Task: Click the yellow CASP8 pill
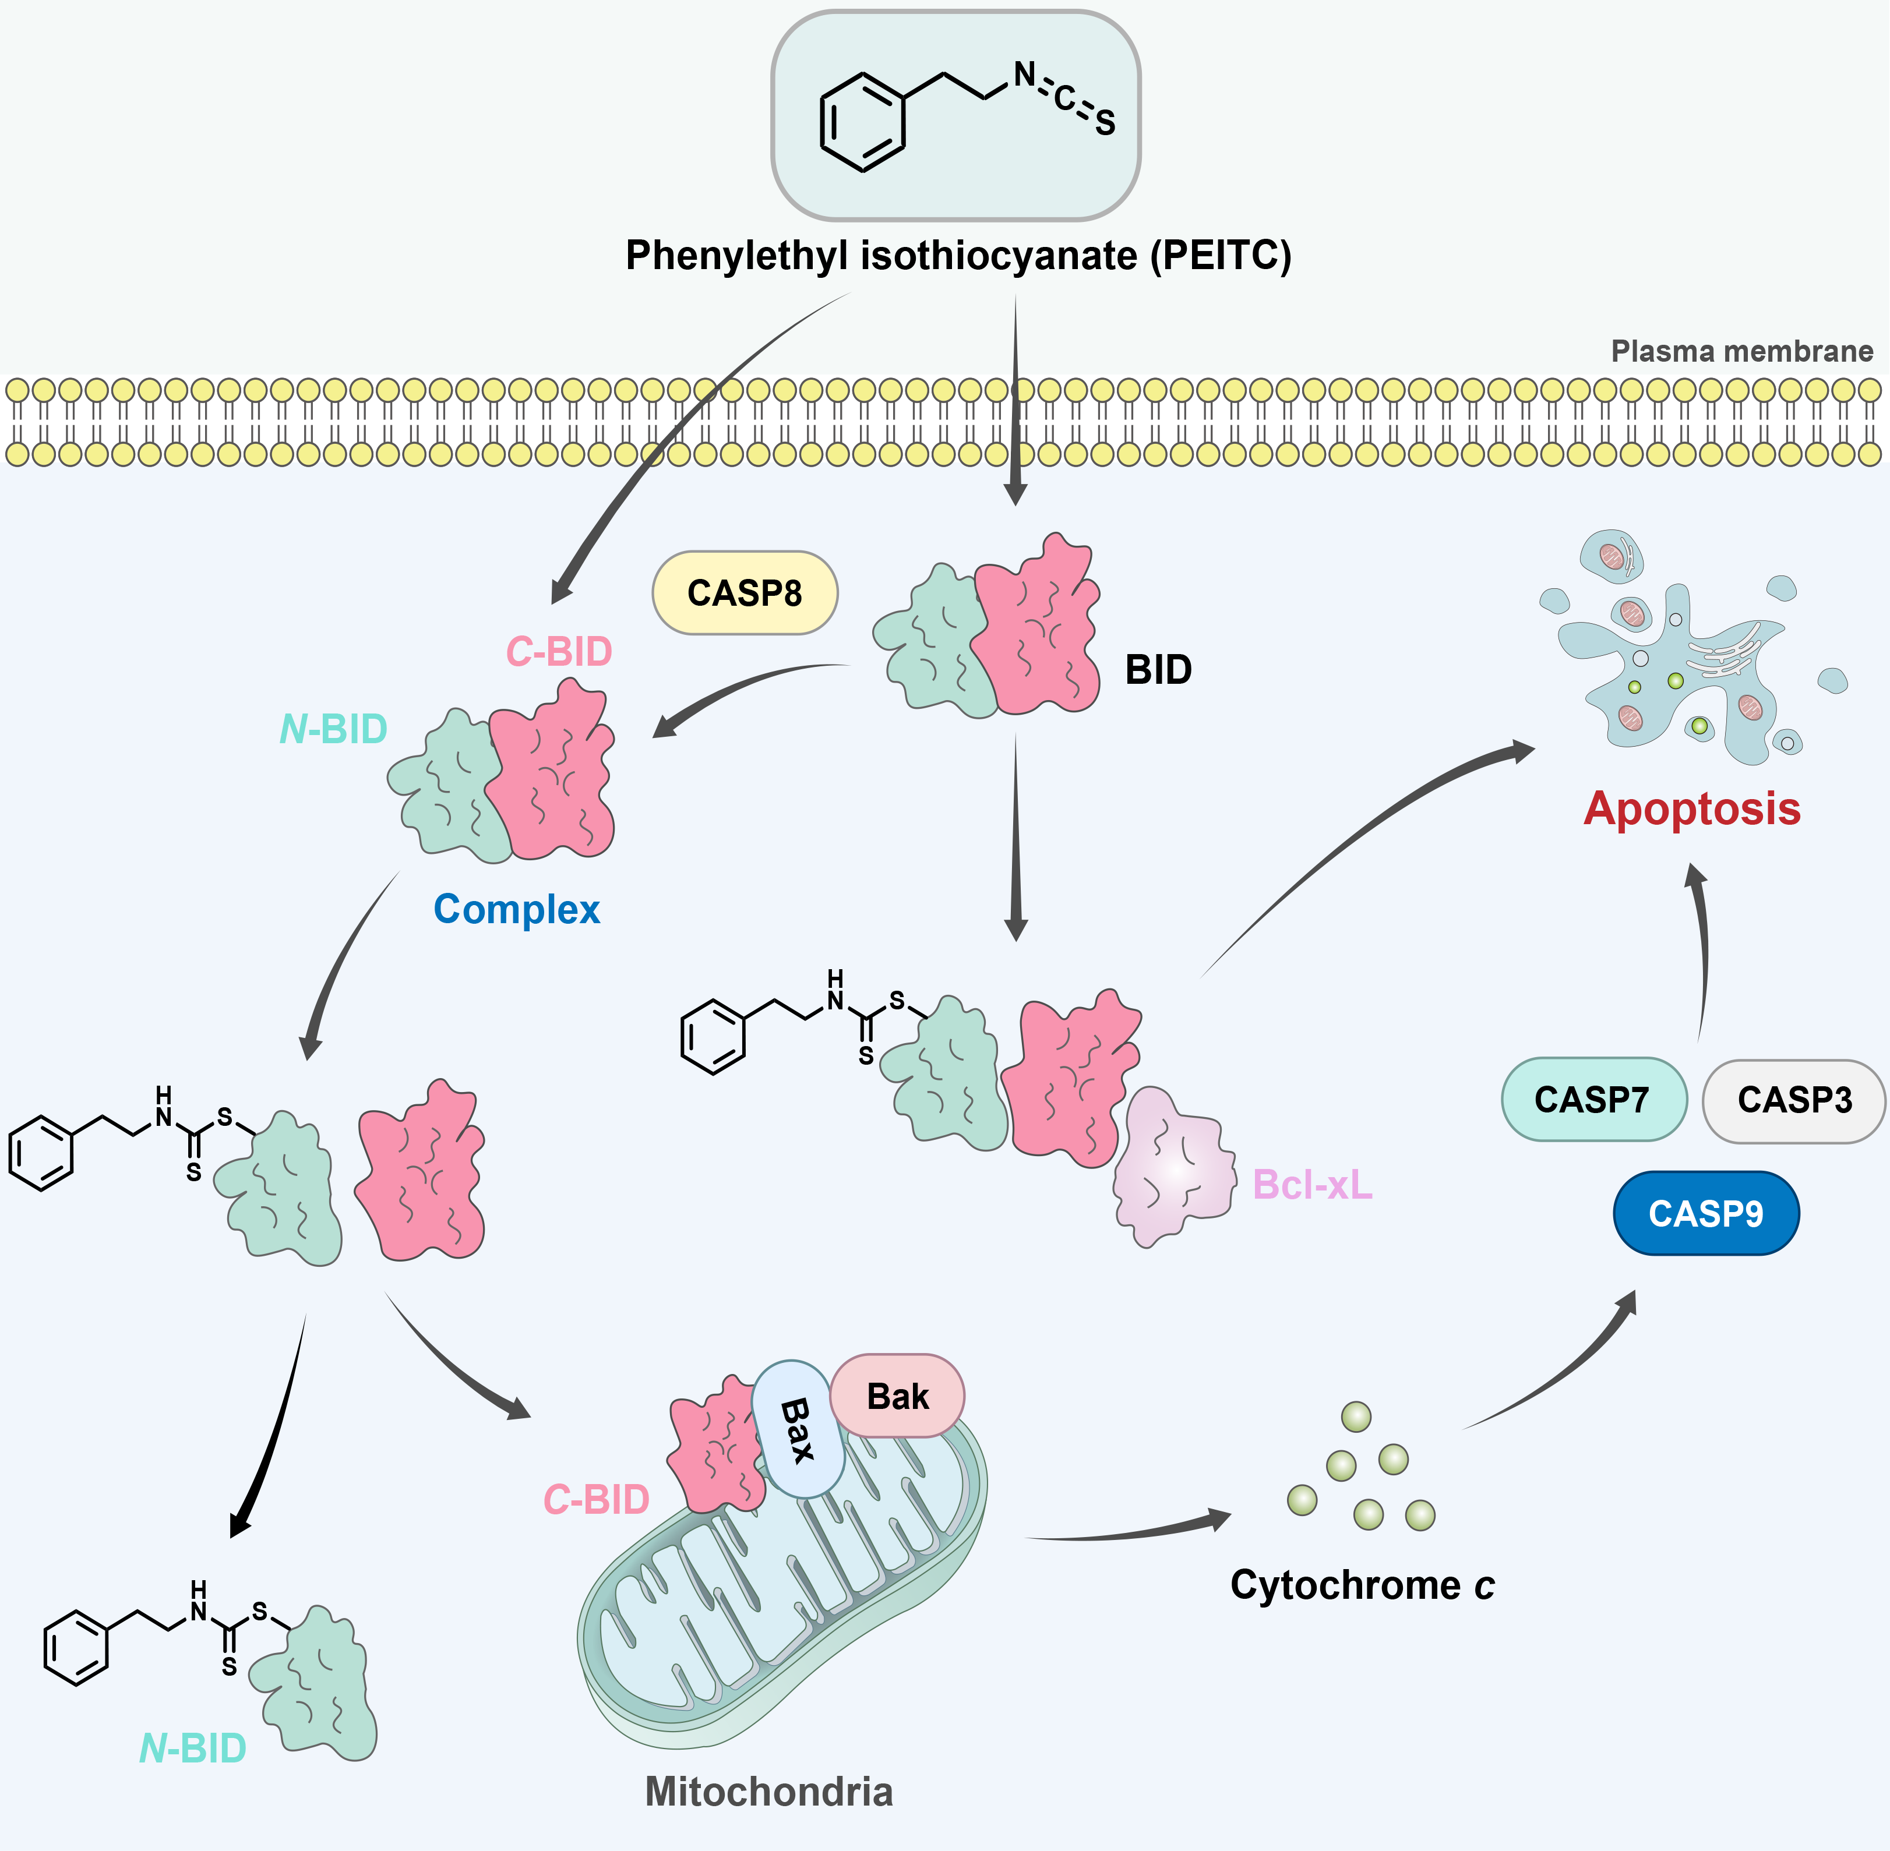tap(744, 593)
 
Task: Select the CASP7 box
tap(1592, 1100)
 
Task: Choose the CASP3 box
tap(1794, 1100)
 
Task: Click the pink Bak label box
tap(897, 1396)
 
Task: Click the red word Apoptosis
tap(1692, 809)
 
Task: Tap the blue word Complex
tap(516, 910)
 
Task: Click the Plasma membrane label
tap(1741, 351)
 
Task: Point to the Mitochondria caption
tap(768, 1792)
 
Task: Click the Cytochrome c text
tap(1361, 1585)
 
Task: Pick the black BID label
tap(1158, 670)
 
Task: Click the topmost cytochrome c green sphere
tap(1356, 1416)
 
